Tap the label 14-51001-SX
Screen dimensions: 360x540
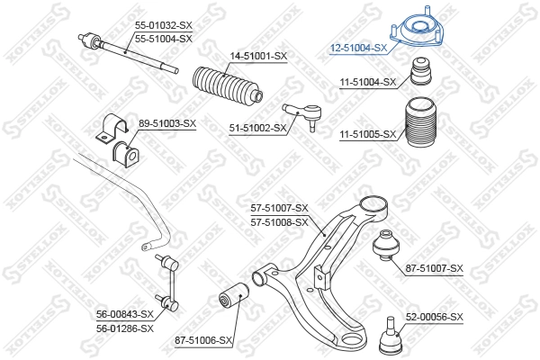pos(258,57)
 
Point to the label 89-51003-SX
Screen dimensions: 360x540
pos(167,122)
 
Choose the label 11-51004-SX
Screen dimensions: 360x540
pos(367,82)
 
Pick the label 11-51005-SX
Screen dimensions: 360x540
pos(367,134)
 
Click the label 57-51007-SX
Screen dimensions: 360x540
pos(279,208)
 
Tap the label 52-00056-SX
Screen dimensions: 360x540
pos(434,317)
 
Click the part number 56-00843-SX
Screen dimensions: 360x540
pos(125,314)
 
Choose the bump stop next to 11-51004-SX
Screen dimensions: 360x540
pos(419,71)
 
